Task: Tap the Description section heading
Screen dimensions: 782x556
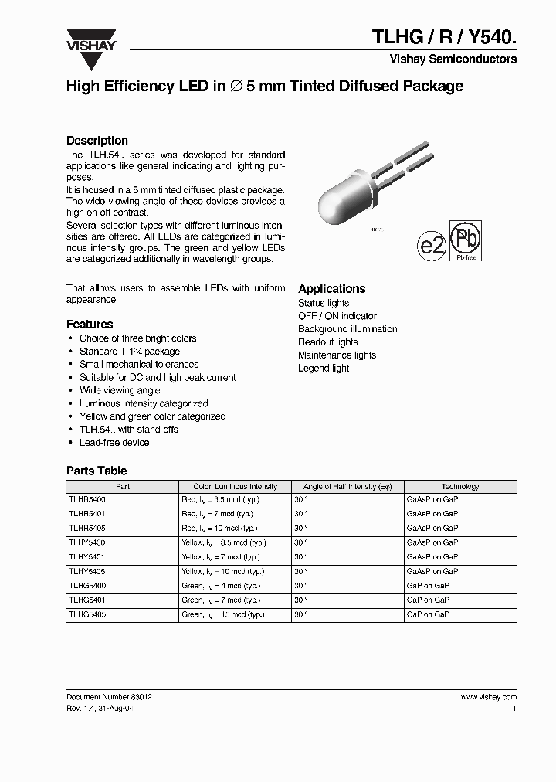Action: [x=97, y=141]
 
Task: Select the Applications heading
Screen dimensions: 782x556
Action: [x=331, y=288]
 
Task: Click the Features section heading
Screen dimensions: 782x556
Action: [x=90, y=325]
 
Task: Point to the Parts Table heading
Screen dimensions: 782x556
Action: [x=97, y=471]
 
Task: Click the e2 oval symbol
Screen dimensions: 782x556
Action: [x=432, y=246]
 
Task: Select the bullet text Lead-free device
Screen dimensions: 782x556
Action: [x=114, y=443]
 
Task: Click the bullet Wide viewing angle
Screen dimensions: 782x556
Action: [x=120, y=390]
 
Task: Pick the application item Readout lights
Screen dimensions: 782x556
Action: [x=328, y=342]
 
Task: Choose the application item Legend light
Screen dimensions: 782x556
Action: [x=324, y=369]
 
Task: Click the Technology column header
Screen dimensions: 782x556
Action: [x=460, y=487]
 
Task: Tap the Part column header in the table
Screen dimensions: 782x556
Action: [x=123, y=487]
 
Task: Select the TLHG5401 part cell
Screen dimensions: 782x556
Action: [x=87, y=599]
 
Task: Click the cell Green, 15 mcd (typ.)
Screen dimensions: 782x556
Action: [x=219, y=614]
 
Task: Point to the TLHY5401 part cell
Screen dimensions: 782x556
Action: [x=87, y=556]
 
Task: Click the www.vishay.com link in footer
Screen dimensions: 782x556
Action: [x=488, y=696]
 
